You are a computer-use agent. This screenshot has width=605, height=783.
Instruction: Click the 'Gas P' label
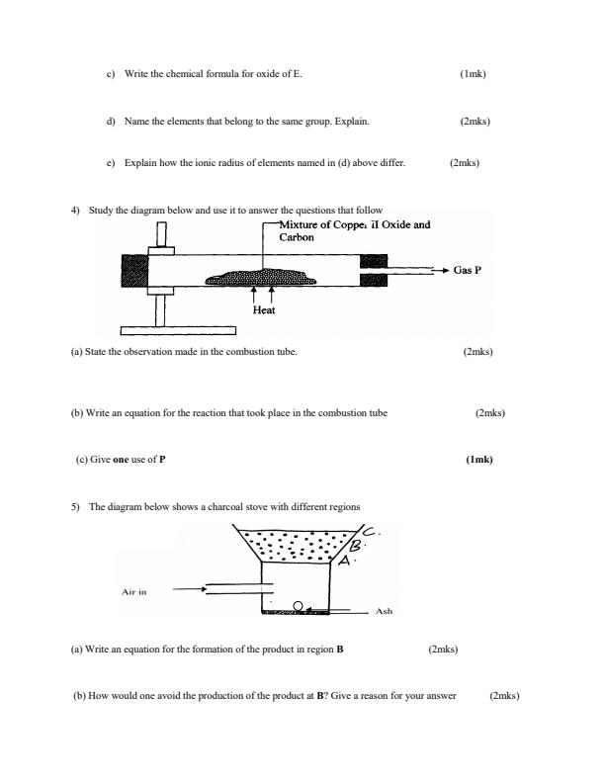(x=467, y=269)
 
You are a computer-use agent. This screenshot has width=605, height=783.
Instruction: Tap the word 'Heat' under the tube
(x=263, y=309)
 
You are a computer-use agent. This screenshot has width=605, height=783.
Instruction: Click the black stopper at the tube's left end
(x=134, y=270)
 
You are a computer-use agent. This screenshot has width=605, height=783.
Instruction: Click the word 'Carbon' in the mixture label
(x=297, y=237)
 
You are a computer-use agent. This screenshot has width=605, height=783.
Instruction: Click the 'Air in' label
(x=133, y=592)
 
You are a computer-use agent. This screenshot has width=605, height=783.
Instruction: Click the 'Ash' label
(x=385, y=611)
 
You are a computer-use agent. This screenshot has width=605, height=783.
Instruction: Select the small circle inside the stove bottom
(x=297, y=605)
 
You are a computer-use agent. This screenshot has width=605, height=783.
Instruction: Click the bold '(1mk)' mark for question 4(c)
(x=478, y=459)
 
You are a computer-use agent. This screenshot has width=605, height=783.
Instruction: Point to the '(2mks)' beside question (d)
(x=475, y=122)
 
